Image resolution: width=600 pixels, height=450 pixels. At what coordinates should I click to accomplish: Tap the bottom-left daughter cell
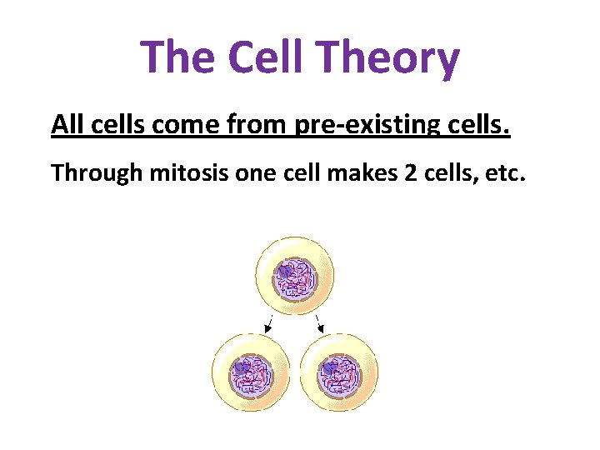[251, 372]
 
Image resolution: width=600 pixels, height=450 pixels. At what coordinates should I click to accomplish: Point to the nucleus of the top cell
[295, 277]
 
